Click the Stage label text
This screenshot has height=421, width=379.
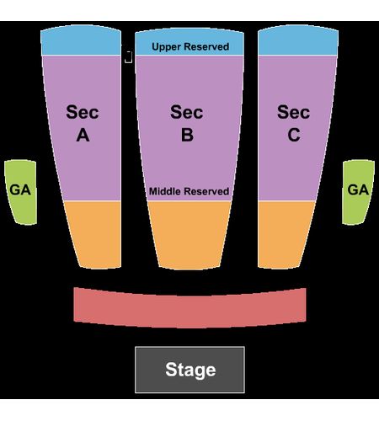coord(190,370)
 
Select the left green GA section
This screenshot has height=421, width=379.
coord(21,192)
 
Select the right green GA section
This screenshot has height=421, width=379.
coord(358,192)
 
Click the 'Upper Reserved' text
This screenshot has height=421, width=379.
coord(190,46)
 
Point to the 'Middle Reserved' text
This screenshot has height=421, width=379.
coord(189,191)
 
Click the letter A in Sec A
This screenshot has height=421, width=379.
coord(83,135)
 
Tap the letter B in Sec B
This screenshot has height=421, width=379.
coord(187,135)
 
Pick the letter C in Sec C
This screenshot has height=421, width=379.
coord(294,135)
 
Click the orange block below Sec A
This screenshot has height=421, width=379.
coord(95,234)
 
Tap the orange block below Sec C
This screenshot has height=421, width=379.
coord(284,234)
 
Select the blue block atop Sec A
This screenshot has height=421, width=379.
coord(81,40)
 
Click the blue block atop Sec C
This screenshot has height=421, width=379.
coord(298,40)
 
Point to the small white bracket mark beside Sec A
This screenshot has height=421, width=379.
coord(129,57)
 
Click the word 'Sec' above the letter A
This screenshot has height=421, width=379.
coord(83,112)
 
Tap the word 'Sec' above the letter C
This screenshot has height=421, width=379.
coord(294,112)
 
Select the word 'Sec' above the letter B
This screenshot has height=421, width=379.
coord(187,112)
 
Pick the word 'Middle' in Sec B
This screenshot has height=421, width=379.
coord(165,191)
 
